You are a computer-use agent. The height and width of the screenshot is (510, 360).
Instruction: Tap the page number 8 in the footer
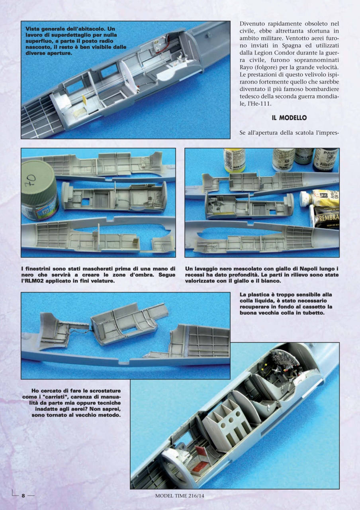(23, 496)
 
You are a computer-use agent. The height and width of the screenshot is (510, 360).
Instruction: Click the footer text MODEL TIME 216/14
(182, 496)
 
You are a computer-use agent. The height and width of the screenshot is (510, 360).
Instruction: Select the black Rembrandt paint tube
(327, 217)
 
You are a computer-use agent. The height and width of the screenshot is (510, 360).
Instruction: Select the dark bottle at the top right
(325, 159)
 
